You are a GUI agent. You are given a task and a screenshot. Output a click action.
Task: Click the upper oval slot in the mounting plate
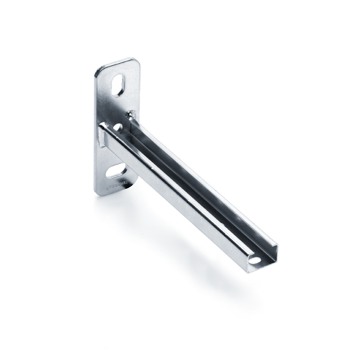pyautogui.click(x=119, y=86)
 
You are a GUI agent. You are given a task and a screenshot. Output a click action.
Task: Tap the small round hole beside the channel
pyautogui.click(x=117, y=128)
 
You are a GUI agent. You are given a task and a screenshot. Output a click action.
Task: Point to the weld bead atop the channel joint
pyautogui.click(x=131, y=115)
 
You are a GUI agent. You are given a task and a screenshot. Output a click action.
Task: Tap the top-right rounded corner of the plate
pyautogui.click(x=136, y=63)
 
